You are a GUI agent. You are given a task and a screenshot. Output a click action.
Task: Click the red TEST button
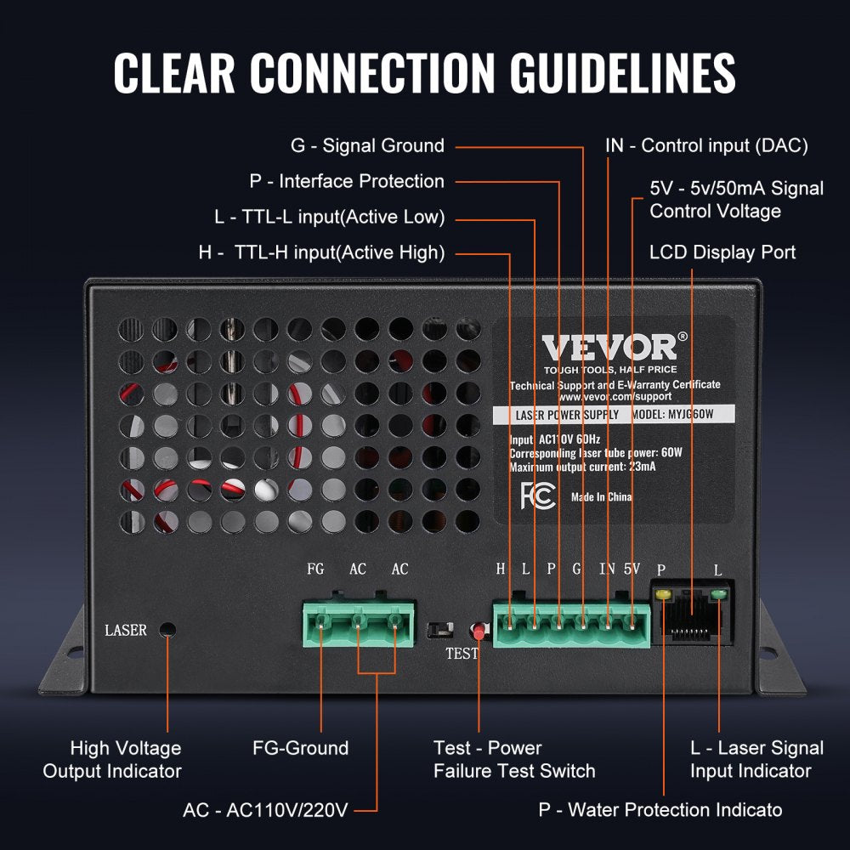479,632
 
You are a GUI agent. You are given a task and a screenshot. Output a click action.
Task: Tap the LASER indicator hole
167,630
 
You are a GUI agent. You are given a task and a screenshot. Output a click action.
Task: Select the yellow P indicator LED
662,594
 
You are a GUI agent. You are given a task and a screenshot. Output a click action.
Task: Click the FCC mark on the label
538,496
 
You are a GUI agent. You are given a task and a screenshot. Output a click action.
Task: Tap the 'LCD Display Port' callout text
722,252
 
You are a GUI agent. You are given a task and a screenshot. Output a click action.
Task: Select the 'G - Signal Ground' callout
367,145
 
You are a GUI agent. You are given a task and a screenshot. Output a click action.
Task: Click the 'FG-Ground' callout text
301,748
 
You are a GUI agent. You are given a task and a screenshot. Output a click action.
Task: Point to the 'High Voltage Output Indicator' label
112,759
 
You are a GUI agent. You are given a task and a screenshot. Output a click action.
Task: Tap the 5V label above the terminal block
632,569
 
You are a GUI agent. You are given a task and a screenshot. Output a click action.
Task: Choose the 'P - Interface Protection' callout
347,181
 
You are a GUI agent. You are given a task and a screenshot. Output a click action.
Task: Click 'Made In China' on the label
601,497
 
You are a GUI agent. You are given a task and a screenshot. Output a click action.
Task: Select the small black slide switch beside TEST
439,631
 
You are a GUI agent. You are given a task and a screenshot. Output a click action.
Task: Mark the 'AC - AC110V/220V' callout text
265,809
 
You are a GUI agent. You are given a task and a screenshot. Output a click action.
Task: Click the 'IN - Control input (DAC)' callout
706,145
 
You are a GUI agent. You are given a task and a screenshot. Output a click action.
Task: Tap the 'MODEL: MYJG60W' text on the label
672,415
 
